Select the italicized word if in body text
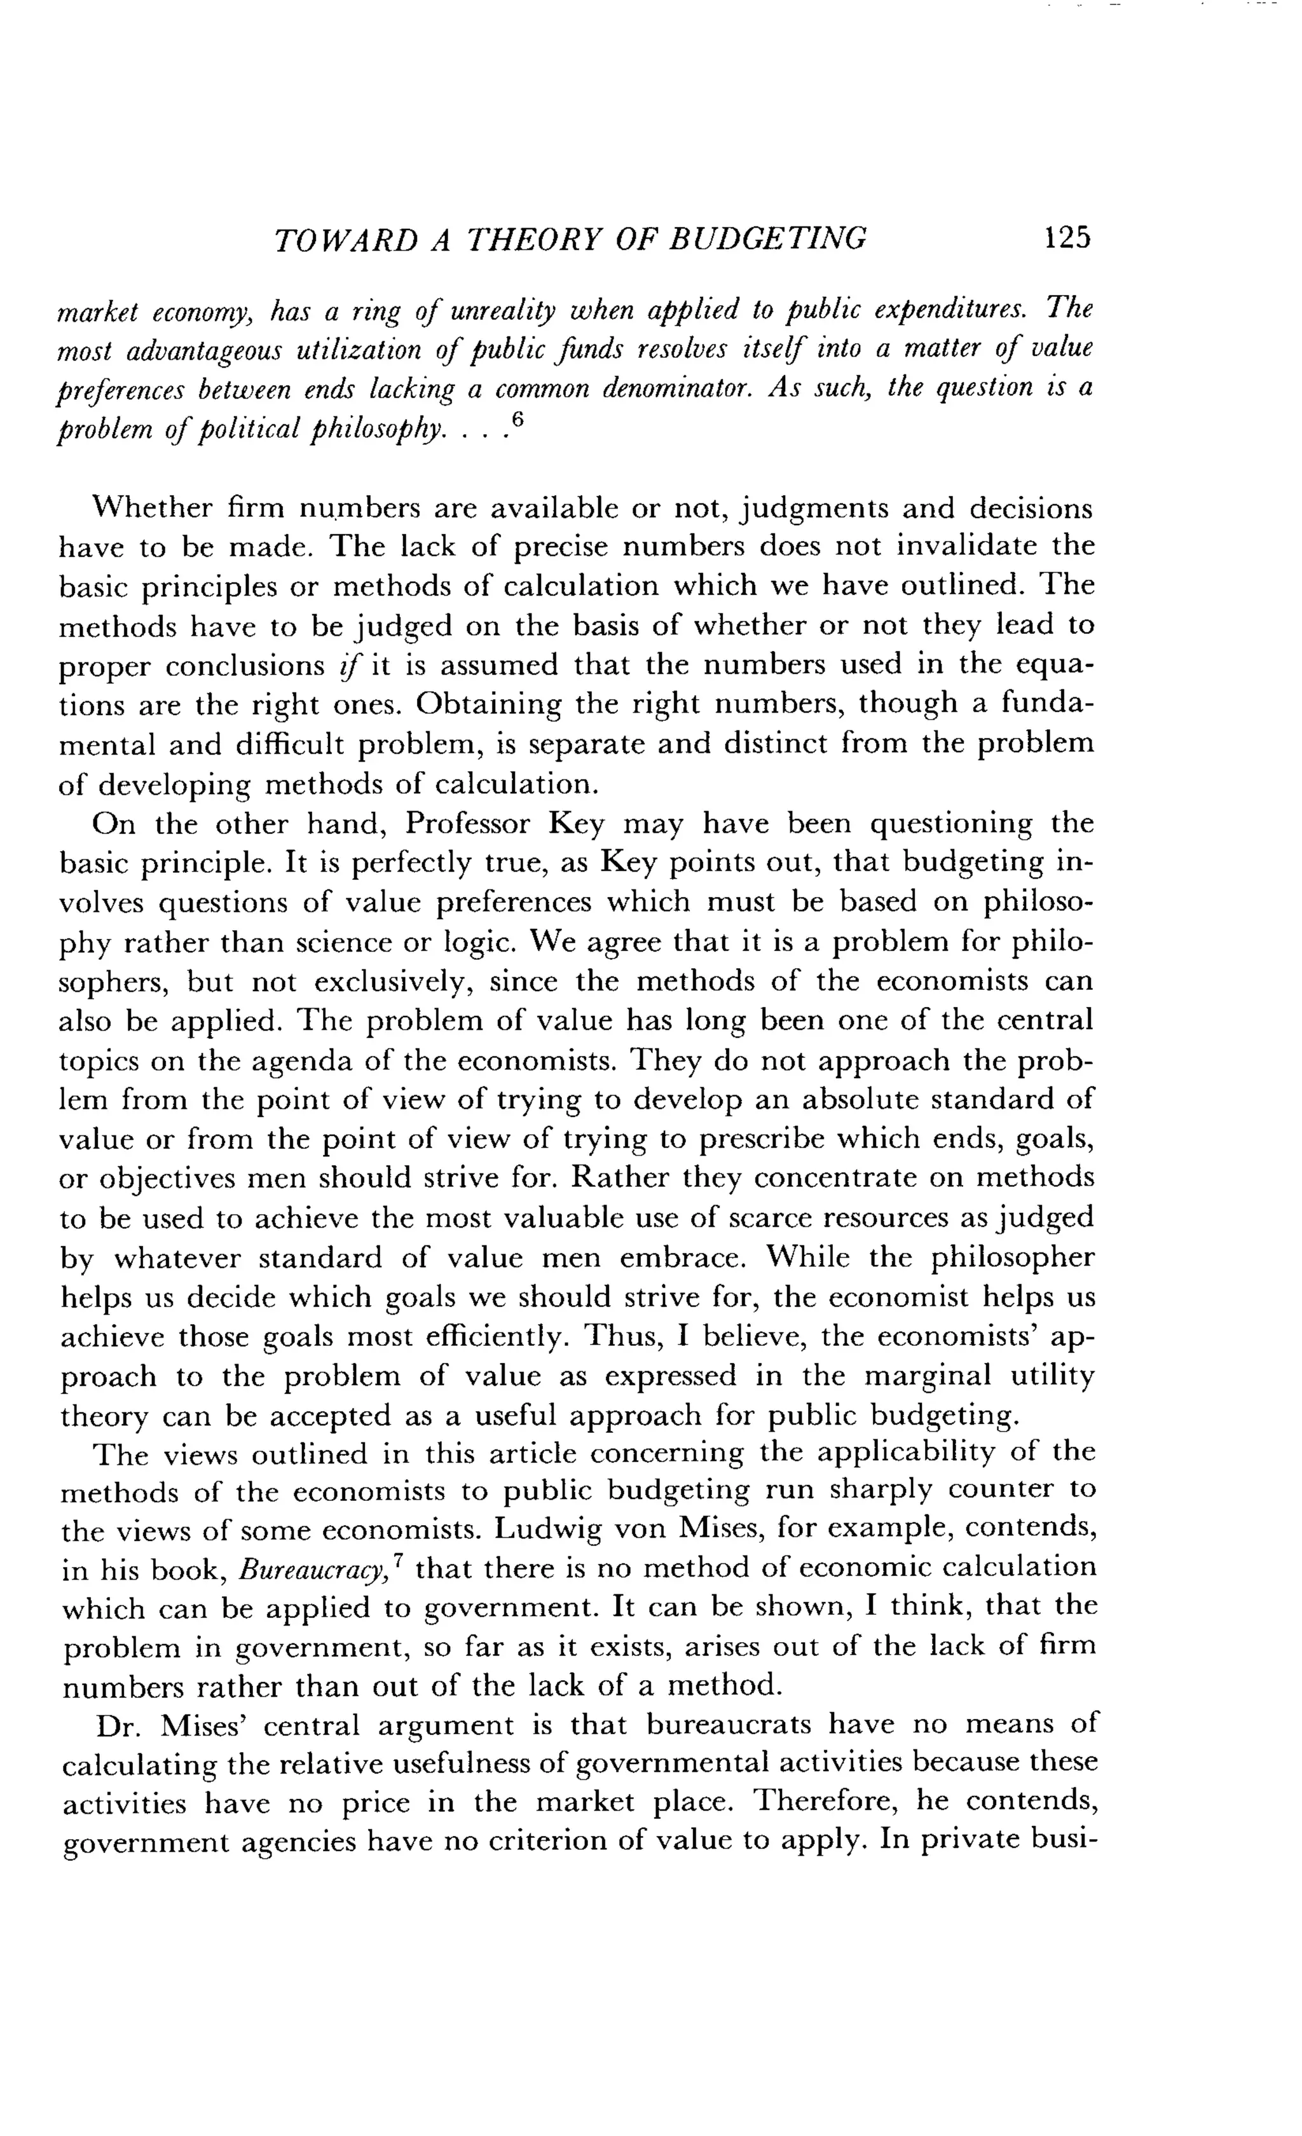[351, 666]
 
